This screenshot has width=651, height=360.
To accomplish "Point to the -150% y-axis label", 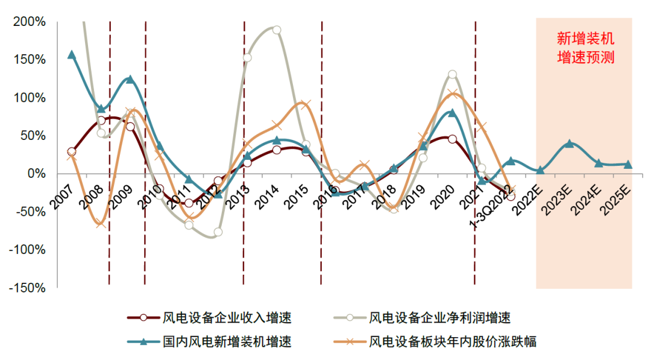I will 28,288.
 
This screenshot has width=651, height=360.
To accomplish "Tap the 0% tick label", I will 36,174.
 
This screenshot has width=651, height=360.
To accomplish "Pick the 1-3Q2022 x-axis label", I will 491,202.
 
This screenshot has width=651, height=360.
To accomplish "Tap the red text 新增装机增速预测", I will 584,49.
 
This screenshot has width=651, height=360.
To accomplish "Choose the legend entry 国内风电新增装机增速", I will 227,342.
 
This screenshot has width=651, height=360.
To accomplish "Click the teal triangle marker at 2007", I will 72,55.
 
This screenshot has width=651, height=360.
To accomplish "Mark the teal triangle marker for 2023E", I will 569,144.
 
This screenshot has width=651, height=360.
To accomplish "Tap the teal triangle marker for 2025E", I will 628,164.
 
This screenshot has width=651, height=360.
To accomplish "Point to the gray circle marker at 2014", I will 277,30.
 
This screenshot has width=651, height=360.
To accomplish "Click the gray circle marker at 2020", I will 452,75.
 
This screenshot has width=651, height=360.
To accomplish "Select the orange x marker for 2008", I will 101,224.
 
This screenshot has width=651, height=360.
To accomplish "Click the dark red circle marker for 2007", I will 72,152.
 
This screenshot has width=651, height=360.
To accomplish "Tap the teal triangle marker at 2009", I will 130,80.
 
